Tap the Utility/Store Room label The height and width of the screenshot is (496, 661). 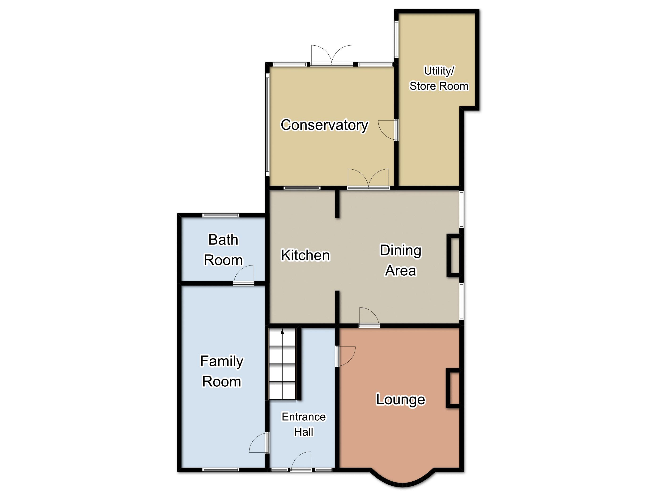click(x=439, y=78)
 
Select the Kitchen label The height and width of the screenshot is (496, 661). click(x=305, y=255)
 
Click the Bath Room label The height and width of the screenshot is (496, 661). click(x=223, y=250)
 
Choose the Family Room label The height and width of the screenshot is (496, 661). click(x=222, y=371)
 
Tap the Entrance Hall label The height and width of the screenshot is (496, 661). click(x=304, y=424)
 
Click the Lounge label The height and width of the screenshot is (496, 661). click(x=400, y=400)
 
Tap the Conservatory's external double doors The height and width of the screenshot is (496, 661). click(x=332, y=55)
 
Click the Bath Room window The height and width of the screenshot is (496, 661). click(x=221, y=215)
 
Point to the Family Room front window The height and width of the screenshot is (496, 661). click(x=221, y=470)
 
